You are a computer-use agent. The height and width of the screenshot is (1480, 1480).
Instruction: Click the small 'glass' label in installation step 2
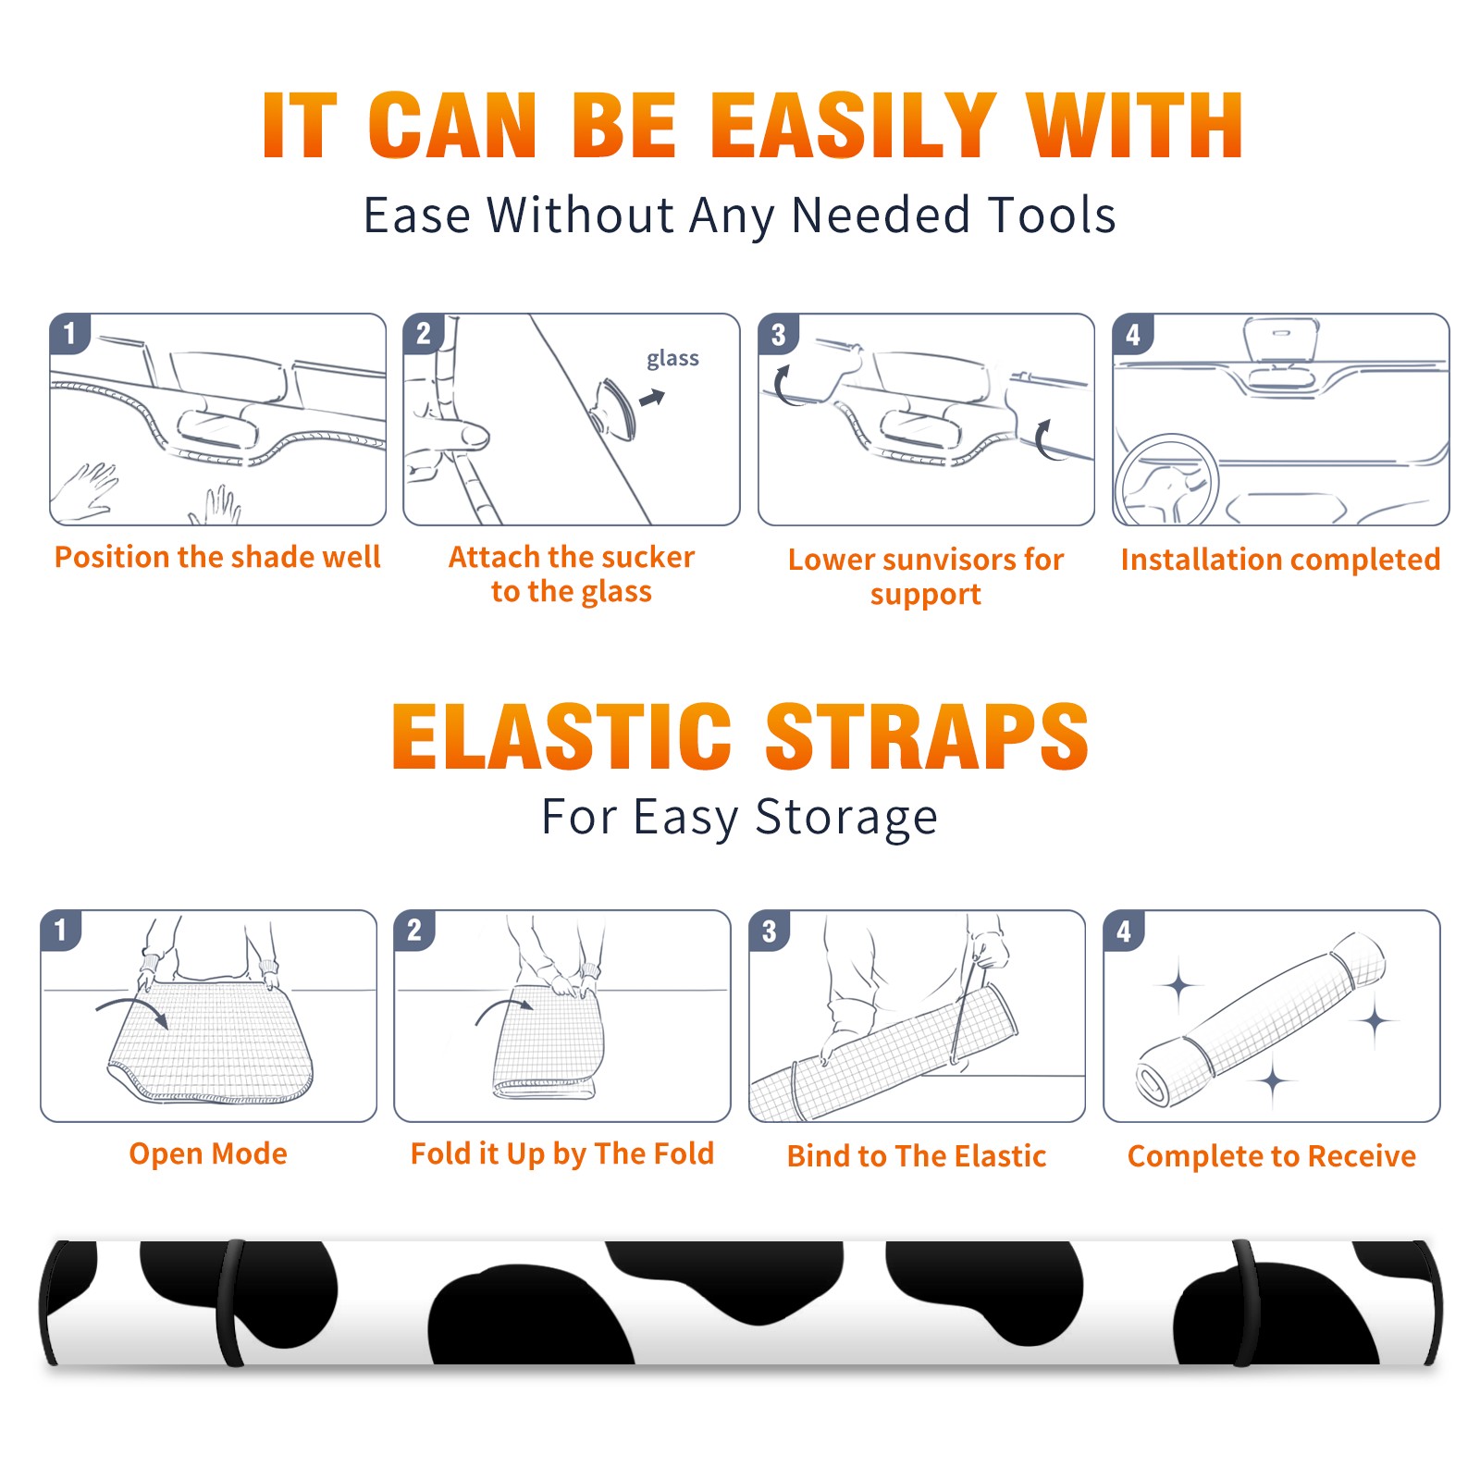[672, 358]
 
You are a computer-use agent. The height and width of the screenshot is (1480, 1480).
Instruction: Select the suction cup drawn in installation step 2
[614, 408]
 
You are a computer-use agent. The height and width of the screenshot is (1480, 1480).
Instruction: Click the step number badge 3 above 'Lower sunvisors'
[777, 334]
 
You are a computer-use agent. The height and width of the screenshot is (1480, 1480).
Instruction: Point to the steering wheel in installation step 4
[1166, 480]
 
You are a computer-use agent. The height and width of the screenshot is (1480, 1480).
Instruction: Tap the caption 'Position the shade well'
[217, 557]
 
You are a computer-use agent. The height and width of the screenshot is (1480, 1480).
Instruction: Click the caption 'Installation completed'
[1280, 559]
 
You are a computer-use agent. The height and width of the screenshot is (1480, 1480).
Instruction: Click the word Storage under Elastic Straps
[846, 818]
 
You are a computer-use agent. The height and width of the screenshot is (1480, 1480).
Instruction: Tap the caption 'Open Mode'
[208, 1153]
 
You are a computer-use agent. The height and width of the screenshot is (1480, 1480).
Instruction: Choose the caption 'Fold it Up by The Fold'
[562, 1153]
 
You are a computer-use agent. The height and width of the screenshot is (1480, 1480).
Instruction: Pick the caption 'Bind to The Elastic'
[917, 1156]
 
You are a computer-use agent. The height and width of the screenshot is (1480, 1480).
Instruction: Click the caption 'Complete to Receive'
[1272, 1156]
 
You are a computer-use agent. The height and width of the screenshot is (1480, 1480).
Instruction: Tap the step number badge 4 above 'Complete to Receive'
[1123, 931]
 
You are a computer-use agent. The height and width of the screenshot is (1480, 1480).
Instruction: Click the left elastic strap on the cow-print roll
[230, 1302]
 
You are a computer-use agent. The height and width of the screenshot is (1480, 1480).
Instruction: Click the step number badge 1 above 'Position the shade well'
[69, 333]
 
